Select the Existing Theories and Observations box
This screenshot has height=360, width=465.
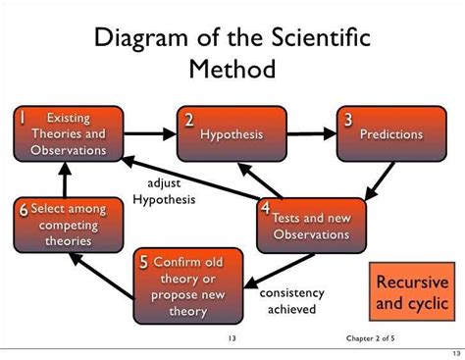click(68, 134)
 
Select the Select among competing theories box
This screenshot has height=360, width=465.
click(67, 224)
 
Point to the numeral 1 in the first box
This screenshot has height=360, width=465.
click(20, 119)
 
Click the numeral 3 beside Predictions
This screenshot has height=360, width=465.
click(347, 120)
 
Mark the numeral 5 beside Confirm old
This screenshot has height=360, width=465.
click(144, 262)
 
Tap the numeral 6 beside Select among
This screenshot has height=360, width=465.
click(22, 210)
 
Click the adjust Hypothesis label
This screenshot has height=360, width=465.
click(164, 192)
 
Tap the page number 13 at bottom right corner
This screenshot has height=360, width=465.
click(453, 352)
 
